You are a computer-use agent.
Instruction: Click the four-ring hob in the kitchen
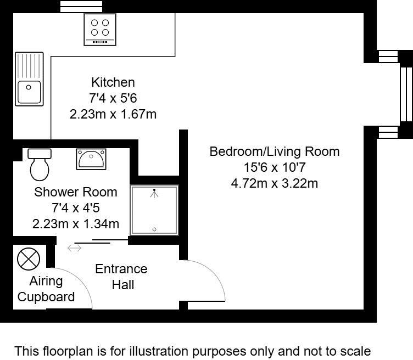click(x=99, y=29)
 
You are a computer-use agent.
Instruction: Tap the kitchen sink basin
click(x=30, y=90)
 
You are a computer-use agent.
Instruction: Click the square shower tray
click(x=154, y=210)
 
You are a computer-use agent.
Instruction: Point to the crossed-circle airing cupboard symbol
click(x=25, y=258)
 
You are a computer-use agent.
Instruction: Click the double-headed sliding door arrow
click(x=74, y=249)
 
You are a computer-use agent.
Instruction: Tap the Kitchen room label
click(x=113, y=82)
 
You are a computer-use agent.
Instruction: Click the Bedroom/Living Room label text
click(x=274, y=151)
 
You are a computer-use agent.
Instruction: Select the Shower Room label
click(x=76, y=192)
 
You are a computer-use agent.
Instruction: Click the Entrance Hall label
click(x=121, y=277)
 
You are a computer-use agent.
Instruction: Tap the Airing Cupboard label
click(x=46, y=289)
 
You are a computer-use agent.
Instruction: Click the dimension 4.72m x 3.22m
click(x=274, y=183)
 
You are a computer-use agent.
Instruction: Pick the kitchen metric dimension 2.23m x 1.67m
click(x=113, y=114)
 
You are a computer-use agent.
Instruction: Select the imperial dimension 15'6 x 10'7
click(x=274, y=167)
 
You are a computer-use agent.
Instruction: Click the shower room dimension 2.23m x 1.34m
click(x=76, y=224)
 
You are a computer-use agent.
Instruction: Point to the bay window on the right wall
click(x=405, y=93)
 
